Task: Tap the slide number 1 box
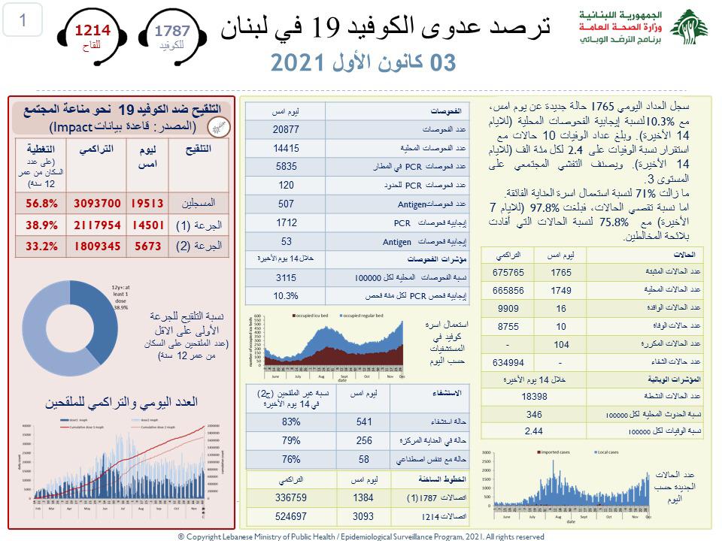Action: pyautogui.click(x=23, y=21)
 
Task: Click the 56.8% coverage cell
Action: pyautogui.click(x=41, y=204)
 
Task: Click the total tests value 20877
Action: pyautogui.click(x=285, y=130)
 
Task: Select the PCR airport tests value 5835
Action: pyautogui.click(x=285, y=166)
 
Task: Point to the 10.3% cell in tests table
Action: pyautogui.click(x=285, y=296)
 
